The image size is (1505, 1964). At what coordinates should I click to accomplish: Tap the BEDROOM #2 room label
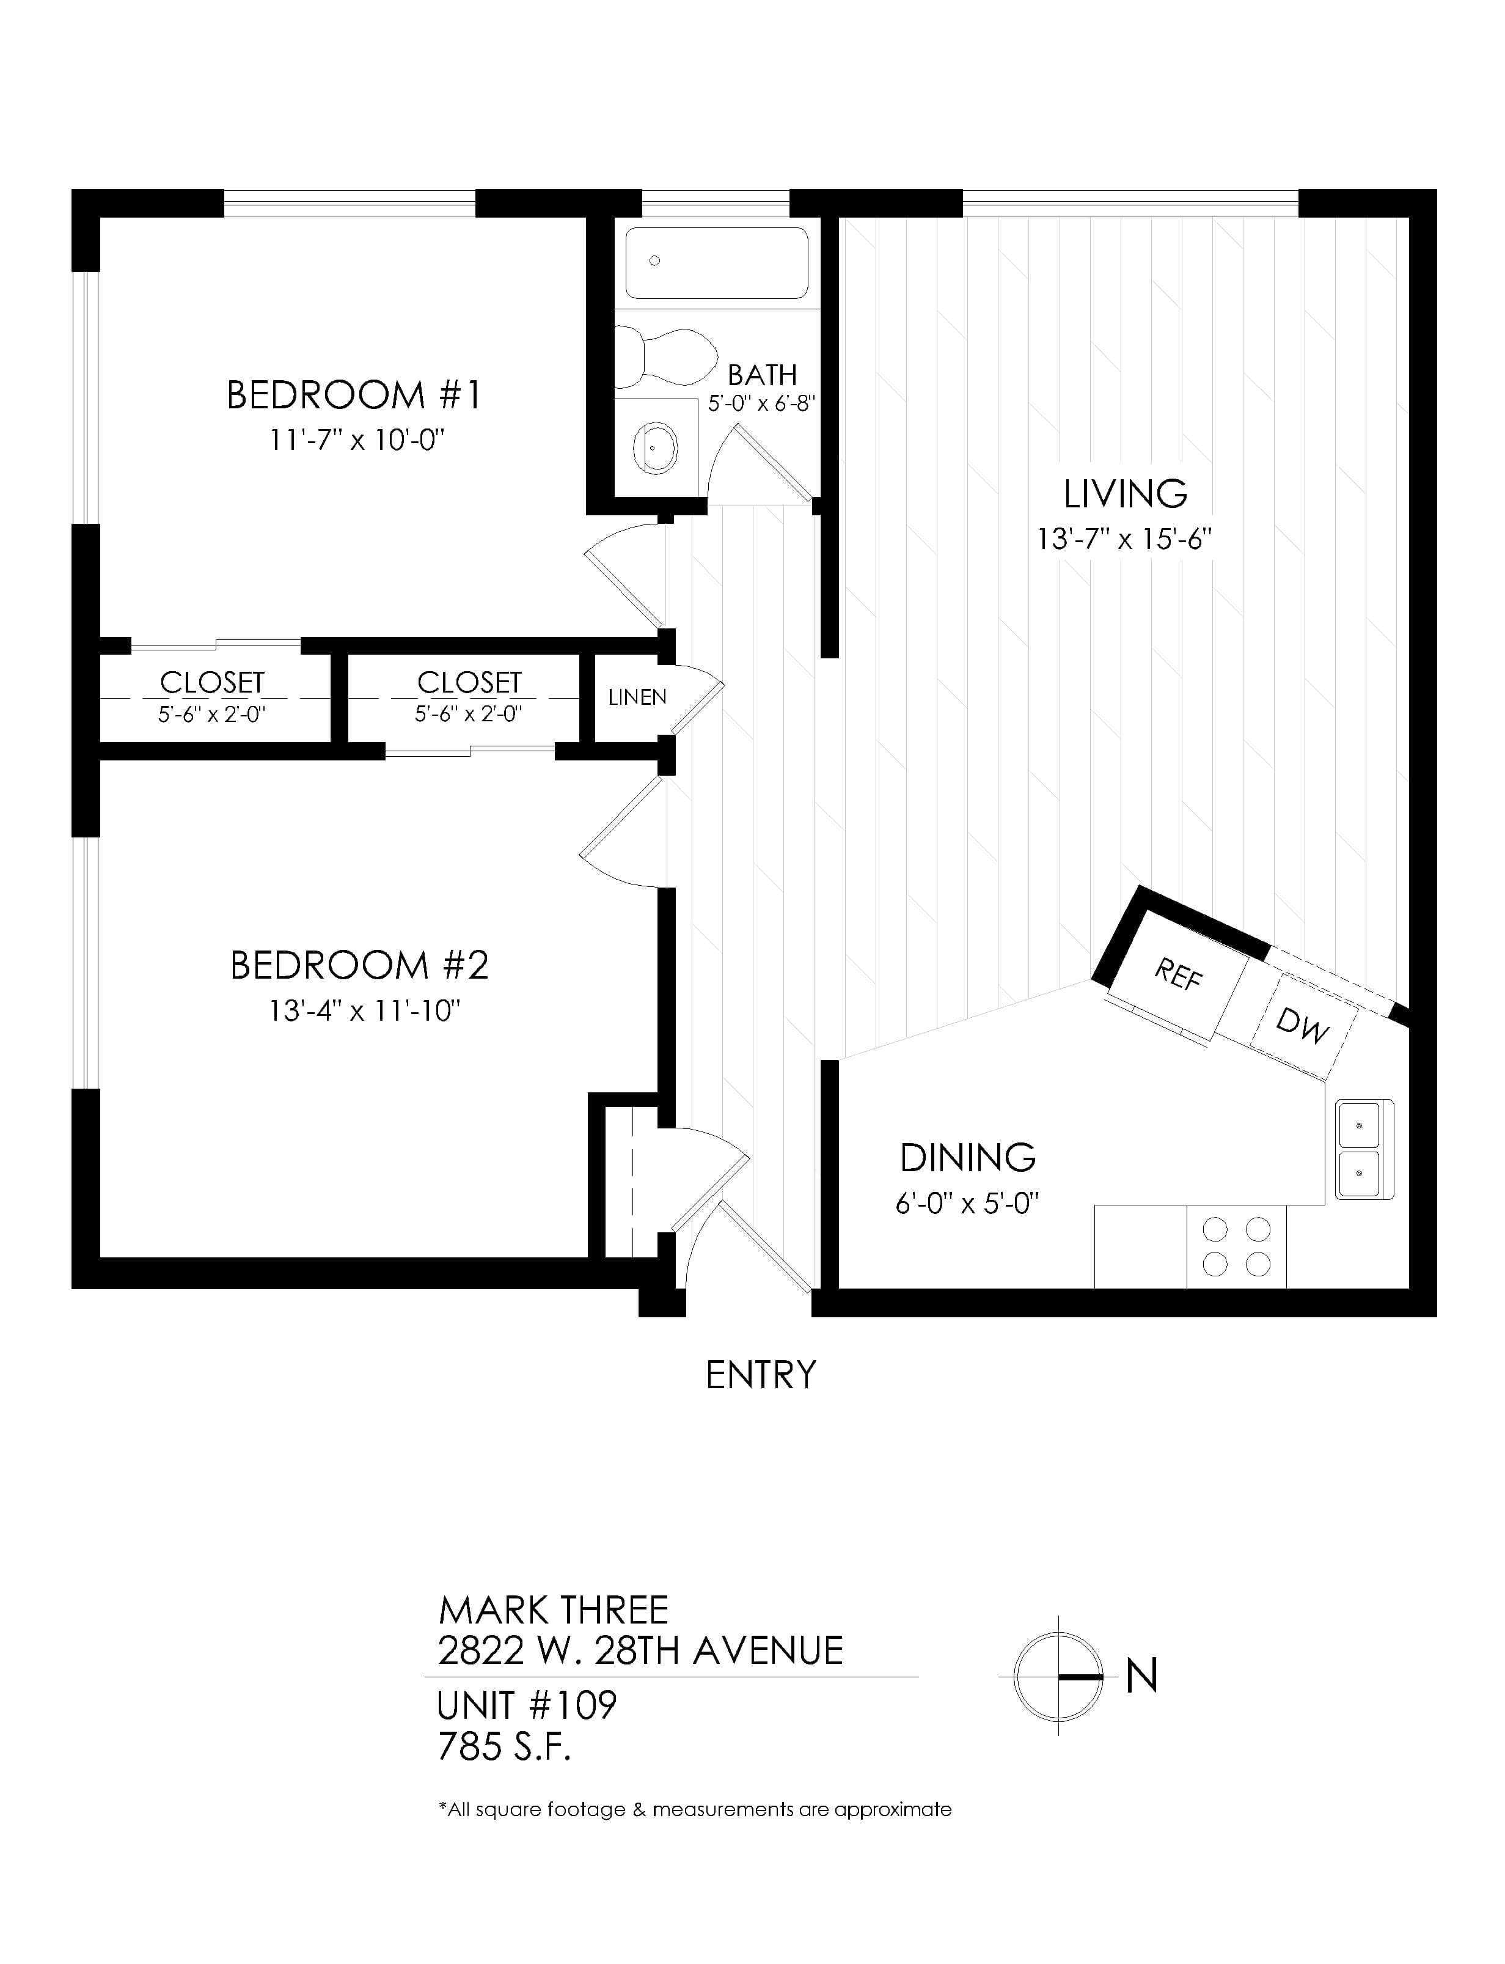(x=359, y=965)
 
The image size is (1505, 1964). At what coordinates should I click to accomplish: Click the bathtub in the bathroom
(x=717, y=262)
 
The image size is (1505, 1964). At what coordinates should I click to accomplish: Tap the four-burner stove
(x=1236, y=1246)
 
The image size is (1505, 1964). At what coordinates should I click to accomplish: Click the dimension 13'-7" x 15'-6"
(x=1124, y=539)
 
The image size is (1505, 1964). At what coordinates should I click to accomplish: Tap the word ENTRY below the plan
(x=761, y=1375)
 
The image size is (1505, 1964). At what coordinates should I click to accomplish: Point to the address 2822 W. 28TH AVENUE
(x=640, y=1650)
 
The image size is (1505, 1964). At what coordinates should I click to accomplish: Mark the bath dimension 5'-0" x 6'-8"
(x=761, y=404)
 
